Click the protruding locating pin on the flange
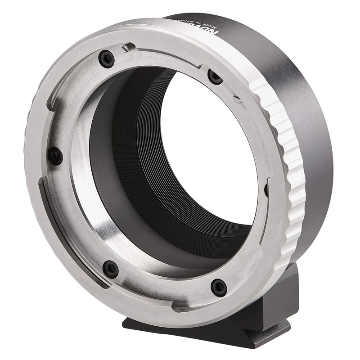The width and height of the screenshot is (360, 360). click(x=128, y=47)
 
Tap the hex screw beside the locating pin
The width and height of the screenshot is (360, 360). click(x=106, y=59)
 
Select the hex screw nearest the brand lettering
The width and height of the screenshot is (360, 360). click(x=215, y=77)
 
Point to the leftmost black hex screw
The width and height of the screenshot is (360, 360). click(x=55, y=156)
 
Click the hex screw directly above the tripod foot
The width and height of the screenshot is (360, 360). click(x=219, y=287)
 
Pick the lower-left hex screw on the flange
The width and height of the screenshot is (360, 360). click(x=110, y=269)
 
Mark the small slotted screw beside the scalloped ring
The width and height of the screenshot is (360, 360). click(x=236, y=95)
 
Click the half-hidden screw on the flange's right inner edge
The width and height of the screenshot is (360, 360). click(x=266, y=189)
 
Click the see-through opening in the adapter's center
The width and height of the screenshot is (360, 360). click(x=216, y=148)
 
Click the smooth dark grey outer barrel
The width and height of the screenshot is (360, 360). click(x=310, y=135)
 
